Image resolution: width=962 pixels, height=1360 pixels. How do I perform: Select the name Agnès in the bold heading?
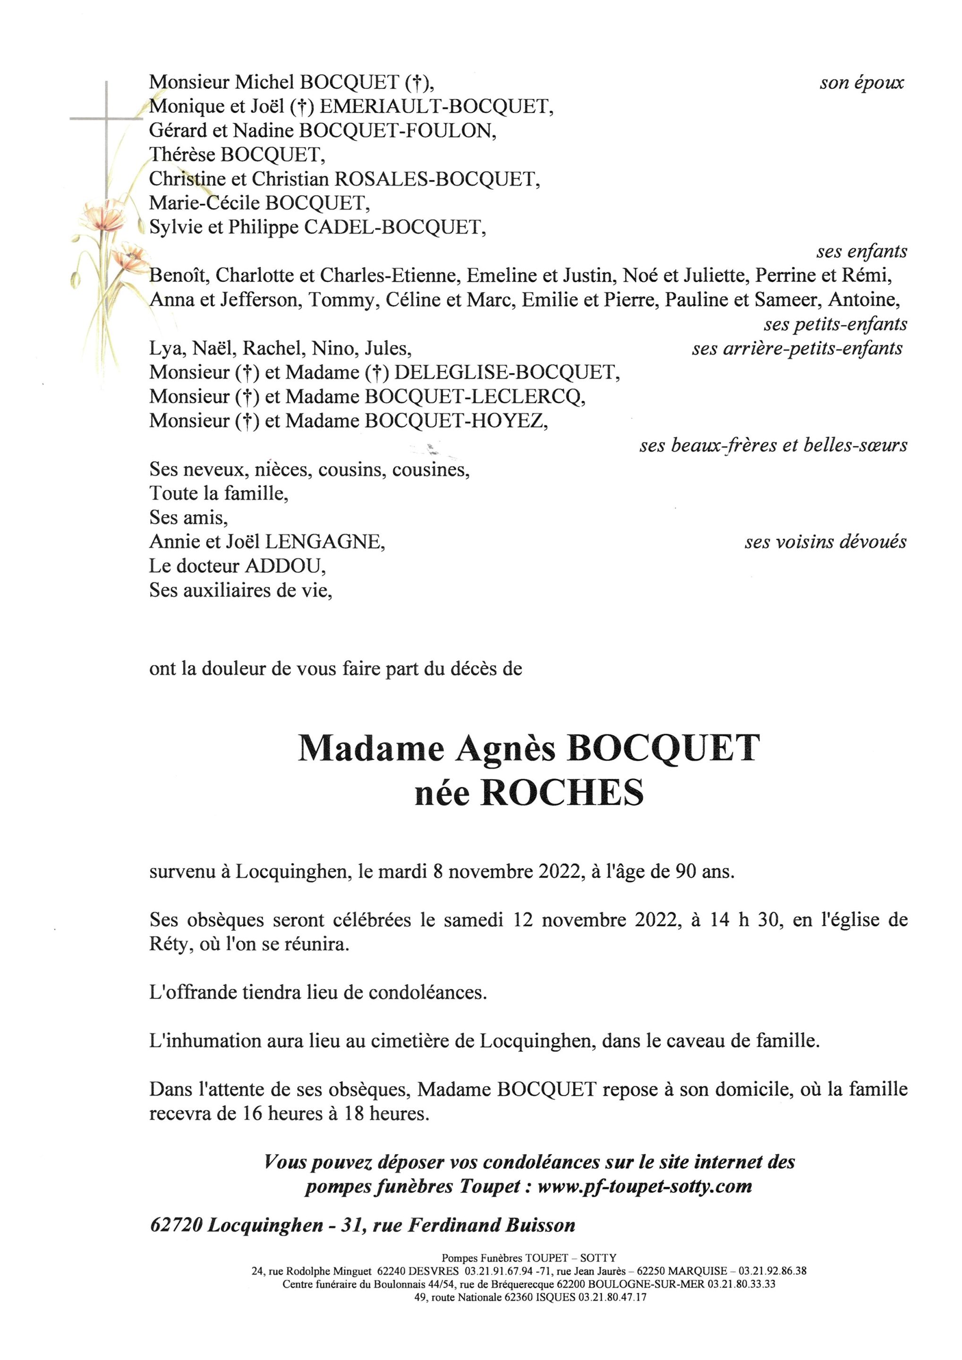[x=505, y=749]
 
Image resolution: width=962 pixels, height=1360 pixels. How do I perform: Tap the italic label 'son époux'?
[x=861, y=83]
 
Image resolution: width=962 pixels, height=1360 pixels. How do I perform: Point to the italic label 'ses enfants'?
[x=861, y=252]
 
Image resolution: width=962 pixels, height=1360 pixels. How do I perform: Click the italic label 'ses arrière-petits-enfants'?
[x=797, y=348]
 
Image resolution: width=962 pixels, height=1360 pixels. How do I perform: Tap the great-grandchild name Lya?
[x=162, y=348]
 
